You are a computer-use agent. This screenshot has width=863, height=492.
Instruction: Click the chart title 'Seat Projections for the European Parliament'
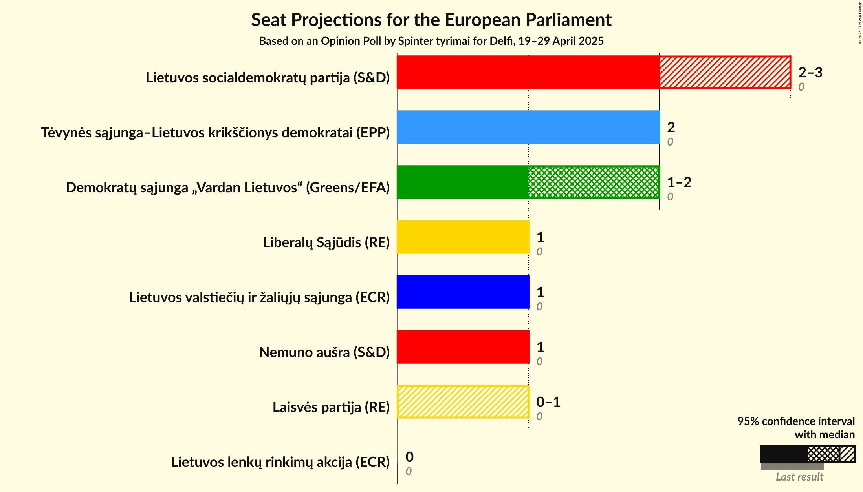click(431, 20)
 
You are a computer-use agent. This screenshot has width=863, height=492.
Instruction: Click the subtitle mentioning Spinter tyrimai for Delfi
click(431, 41)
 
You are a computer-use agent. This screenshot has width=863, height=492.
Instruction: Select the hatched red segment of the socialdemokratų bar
click(725, 72)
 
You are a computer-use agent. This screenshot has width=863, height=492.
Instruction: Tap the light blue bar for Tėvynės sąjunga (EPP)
click(528, 127)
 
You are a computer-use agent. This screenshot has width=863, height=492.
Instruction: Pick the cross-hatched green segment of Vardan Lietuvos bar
click(594, 182)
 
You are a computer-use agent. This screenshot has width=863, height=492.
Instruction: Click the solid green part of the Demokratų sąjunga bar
click(462, 182)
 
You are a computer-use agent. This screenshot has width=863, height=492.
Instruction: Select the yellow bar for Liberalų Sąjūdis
click(463, 237)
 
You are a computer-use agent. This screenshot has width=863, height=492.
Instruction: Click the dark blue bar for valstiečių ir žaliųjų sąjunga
click(463, 292)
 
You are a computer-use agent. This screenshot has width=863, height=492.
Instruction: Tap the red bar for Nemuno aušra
click(463, 347)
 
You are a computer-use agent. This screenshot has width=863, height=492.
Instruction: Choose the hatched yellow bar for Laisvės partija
click(463, 402)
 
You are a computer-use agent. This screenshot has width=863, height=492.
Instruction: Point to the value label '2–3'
click(810, 73)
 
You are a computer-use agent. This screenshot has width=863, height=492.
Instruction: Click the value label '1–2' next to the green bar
click(679, 182)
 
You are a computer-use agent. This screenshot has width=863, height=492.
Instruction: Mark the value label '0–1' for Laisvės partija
click(548, 402)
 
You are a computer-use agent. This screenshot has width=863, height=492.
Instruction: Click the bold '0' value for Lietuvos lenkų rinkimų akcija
click(409, 457)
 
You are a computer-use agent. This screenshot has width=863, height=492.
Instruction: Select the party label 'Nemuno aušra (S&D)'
click(324, 352)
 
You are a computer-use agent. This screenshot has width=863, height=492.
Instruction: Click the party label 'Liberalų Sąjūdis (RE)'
click(326, 242)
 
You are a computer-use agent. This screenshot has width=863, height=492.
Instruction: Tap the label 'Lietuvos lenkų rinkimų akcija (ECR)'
click(280, 462)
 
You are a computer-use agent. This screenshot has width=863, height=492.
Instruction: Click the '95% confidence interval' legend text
click(796, 421)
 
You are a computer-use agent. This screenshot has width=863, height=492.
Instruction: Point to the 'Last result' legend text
click(799, 477)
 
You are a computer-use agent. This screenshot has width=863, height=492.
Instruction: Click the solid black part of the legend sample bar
click(783, 454)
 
